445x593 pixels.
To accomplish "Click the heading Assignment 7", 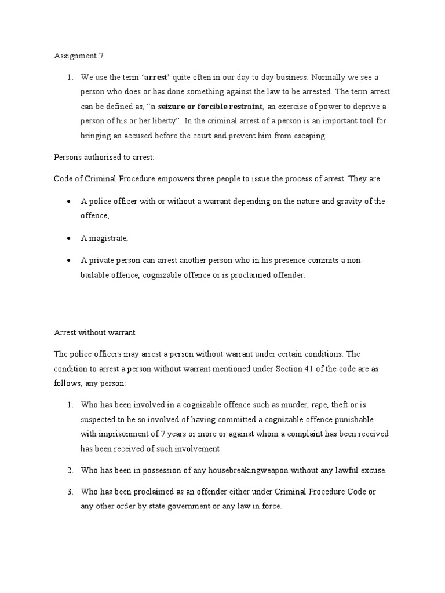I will point(79,56).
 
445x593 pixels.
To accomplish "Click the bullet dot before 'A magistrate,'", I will point(69,238).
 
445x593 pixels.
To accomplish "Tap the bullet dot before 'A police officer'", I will point(69,201).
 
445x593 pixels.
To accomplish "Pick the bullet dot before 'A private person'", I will point(69,261).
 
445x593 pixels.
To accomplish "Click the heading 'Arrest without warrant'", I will point(94,332).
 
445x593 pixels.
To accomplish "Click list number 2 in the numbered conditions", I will point(69,470).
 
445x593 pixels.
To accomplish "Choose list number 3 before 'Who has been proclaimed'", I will point(69,492).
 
